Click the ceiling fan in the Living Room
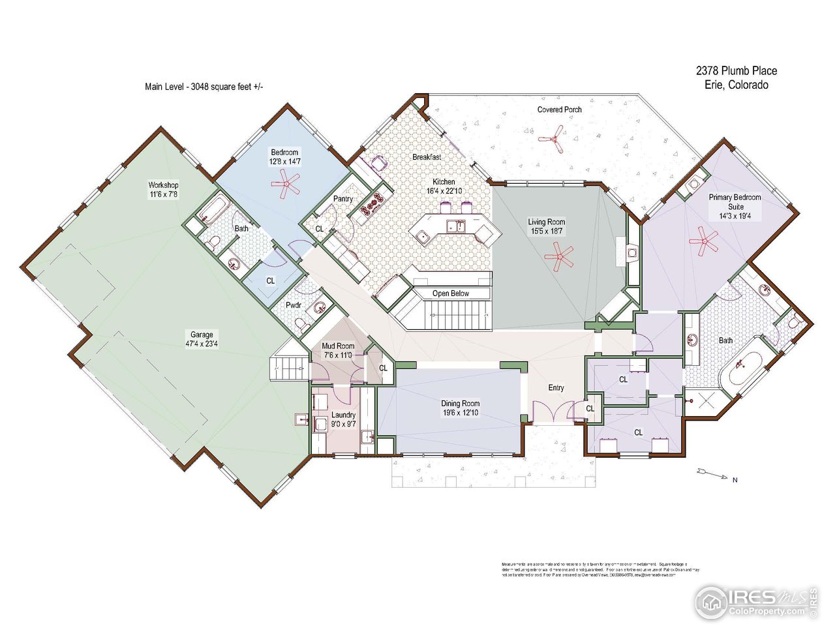(x=558, y=256)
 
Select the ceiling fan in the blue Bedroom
(x=285, y=184)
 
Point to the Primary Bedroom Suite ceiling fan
(x=703, y=241)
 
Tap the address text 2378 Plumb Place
(x=736, y=70)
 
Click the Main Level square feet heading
(x=204, y=86)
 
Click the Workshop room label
(x=163, y=185)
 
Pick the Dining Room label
(x=460, y=404)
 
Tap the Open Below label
(x=450, y=293)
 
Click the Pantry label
(x=343, y=199)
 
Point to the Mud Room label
(x=338, y=346)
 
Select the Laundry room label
(x=343, y=415)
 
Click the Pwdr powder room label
(x=294, y=305)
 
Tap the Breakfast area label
(x=427, y=157)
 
